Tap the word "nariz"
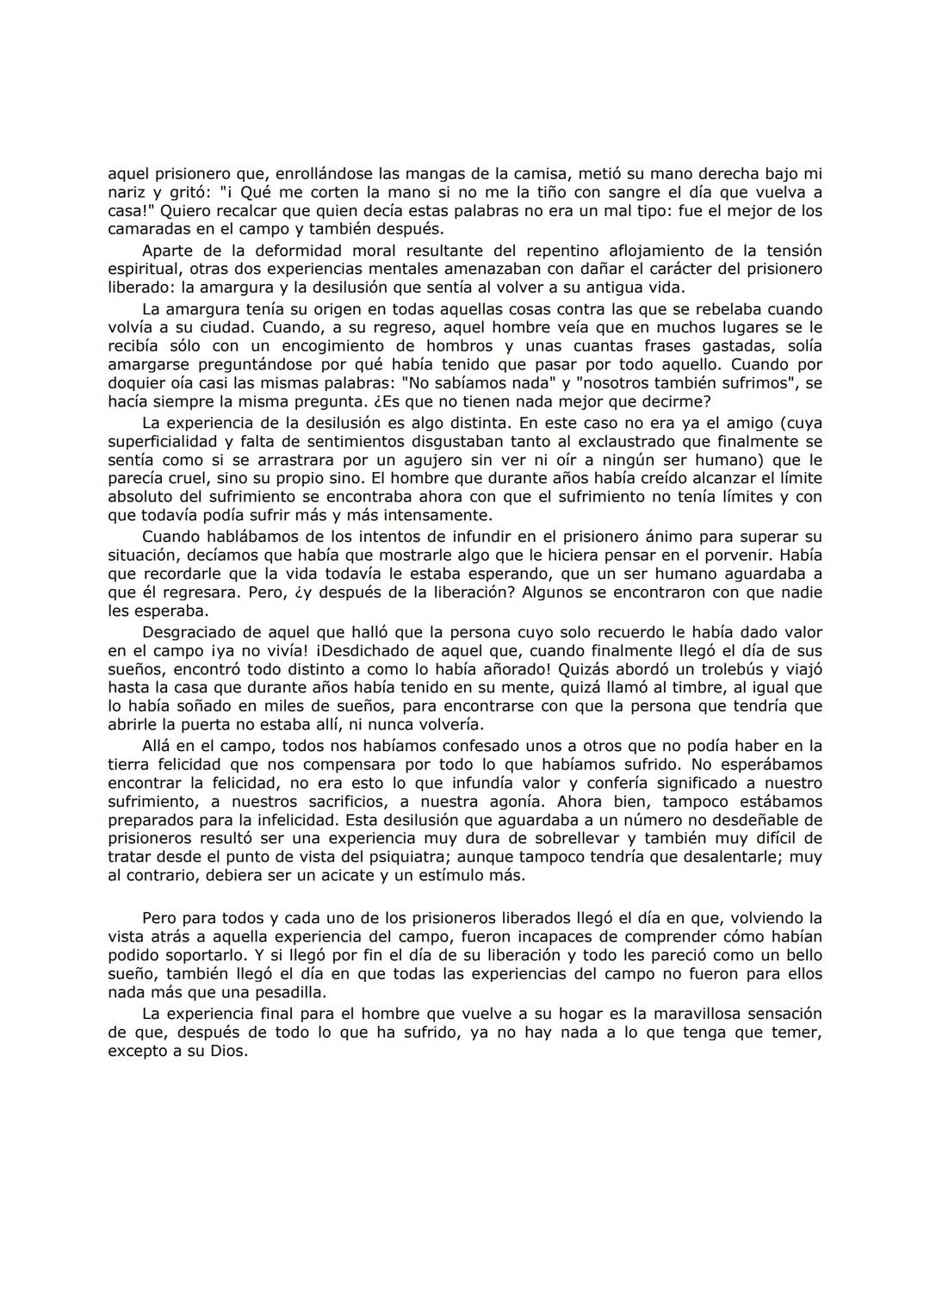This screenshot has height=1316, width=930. [x=127, y=192]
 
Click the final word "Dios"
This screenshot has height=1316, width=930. [x=228, y=1052]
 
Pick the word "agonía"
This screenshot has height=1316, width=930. [x=506, y=801]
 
